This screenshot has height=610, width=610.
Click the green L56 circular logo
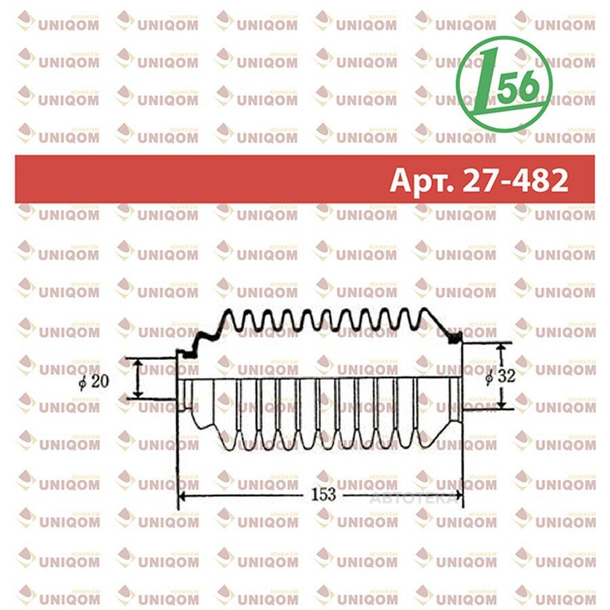(x=504, y=83)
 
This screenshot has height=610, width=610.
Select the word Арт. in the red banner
(x=422, y=181)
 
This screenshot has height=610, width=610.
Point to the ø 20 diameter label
(x=94, y=382)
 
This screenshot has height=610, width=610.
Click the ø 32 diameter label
(x=501, y=376)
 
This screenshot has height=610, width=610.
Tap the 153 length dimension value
(x=323, y=495)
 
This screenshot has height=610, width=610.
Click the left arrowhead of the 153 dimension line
(x=183, y=495)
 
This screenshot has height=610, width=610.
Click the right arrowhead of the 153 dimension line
(x=458, y=495)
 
